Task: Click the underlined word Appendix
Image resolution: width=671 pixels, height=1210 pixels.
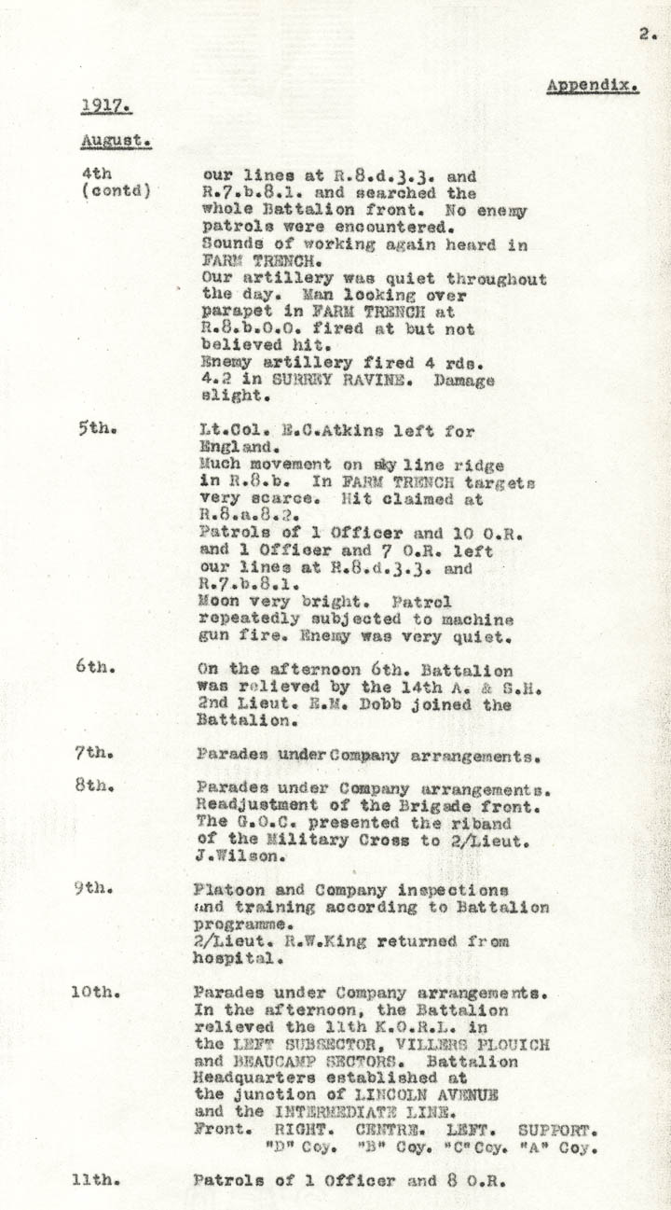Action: click(592, 85)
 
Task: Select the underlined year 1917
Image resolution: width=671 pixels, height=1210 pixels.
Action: click(103, 105)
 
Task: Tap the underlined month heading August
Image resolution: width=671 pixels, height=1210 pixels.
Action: click(116, 140)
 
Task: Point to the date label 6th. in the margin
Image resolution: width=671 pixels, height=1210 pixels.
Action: click(93, 669)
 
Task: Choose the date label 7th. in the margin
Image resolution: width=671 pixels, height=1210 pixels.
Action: click(93, 754)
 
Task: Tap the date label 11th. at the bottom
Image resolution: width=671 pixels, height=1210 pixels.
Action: click(95, 1179)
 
